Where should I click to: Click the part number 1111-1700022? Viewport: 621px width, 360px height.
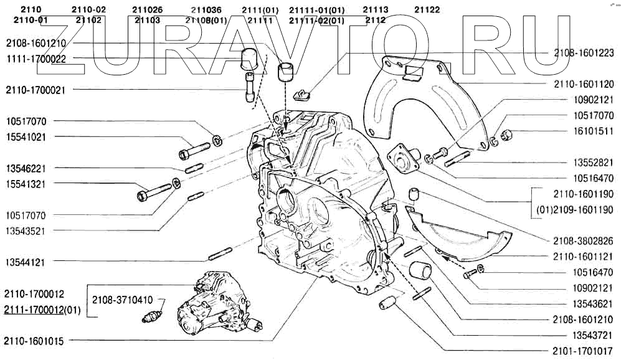click(x=36, y=59)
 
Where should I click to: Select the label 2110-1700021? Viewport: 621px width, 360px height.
click(x=36, y=90)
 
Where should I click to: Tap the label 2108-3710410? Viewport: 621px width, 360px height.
click(x=121, y=300)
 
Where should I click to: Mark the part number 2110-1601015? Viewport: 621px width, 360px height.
click(x=36, y=341)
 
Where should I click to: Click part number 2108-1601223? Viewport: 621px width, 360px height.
click(x=584, y=54)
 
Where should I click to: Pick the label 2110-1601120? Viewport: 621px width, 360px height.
click(x=584, y=83)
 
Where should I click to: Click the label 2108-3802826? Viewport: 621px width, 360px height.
click(x=584, y=240)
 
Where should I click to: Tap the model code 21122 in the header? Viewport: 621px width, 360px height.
click(x=427, y=9)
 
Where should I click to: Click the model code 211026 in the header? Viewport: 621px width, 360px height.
click(x=147, y=9)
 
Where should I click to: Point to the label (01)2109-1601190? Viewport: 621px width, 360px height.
click(x=575, y=209)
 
